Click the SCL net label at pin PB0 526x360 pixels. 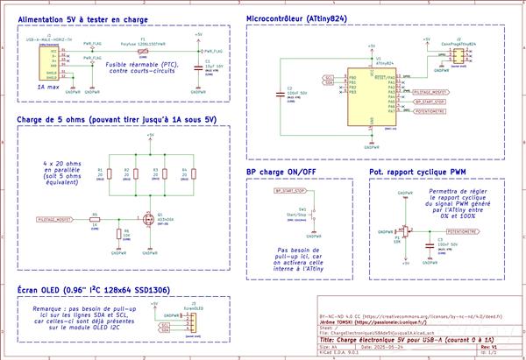pos(329,77)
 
